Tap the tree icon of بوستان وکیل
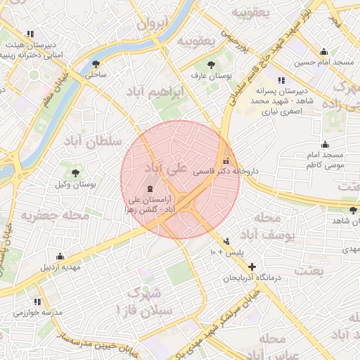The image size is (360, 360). pyautogui.click(x=75, y=173)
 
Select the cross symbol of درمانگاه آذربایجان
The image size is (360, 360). pyautogui.click(x=252, y=266)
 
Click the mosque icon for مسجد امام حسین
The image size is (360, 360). pyautogui.click(x=323, y=51)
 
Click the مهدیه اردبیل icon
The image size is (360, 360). pyautogui.click(x=60, y=256)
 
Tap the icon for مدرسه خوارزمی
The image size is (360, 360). pyautogui.click(x=15, y=312)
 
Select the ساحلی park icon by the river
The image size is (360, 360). pyautogui.click(x=94, y=61)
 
